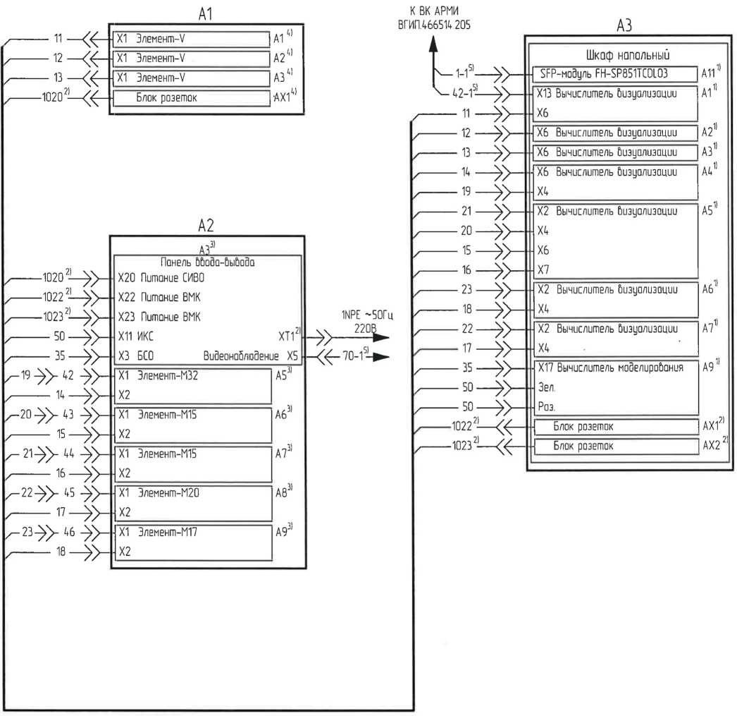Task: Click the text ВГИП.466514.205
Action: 435,25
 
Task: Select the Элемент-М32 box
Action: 192,385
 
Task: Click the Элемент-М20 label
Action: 169,493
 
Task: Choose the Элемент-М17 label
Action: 169,533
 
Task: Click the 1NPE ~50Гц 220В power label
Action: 364,321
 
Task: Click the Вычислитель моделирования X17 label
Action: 610,368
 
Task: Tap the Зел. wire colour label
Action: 547,387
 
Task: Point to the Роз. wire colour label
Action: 547,407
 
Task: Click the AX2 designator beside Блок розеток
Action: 712,446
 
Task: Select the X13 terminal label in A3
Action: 544,92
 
